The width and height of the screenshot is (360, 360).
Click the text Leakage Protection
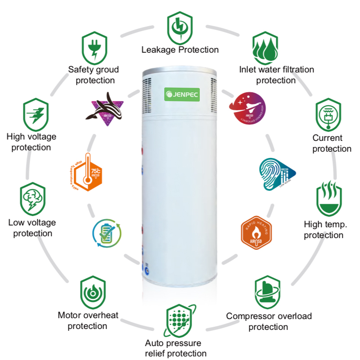pos(180,50)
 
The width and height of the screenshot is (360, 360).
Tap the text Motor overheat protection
pos(88,320)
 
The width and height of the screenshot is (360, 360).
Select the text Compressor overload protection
pos(269,321)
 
